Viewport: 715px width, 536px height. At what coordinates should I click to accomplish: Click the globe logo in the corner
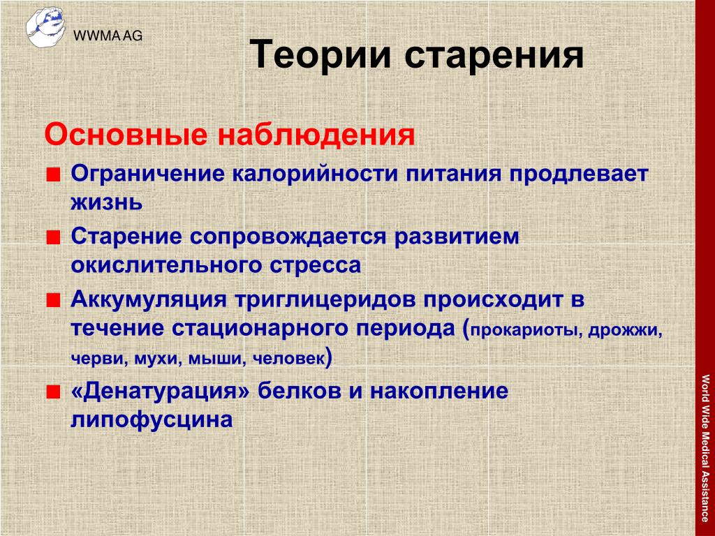click(45, 27)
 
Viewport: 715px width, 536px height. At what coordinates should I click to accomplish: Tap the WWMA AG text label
click(108, 36)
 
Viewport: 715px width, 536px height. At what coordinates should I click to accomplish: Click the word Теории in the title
click(320, 54)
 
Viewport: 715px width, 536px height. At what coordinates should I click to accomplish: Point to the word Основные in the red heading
click(126, 135)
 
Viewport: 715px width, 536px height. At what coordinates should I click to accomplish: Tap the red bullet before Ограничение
click(53, 175)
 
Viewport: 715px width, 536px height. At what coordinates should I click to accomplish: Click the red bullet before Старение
click(53, 237)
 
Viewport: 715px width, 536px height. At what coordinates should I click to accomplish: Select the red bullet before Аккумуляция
click(53, 300)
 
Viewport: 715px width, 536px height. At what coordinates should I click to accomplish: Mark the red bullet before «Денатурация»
click(53, 392)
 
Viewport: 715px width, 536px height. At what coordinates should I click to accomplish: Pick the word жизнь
click(106, 203)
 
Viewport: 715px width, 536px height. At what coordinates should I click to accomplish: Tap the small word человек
click(288, 359)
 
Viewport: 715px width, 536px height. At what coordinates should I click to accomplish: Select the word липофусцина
click(152, 420)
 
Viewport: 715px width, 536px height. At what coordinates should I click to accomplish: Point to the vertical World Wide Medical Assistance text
click(705, 448)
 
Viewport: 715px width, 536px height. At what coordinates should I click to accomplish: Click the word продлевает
click(579, 174)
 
